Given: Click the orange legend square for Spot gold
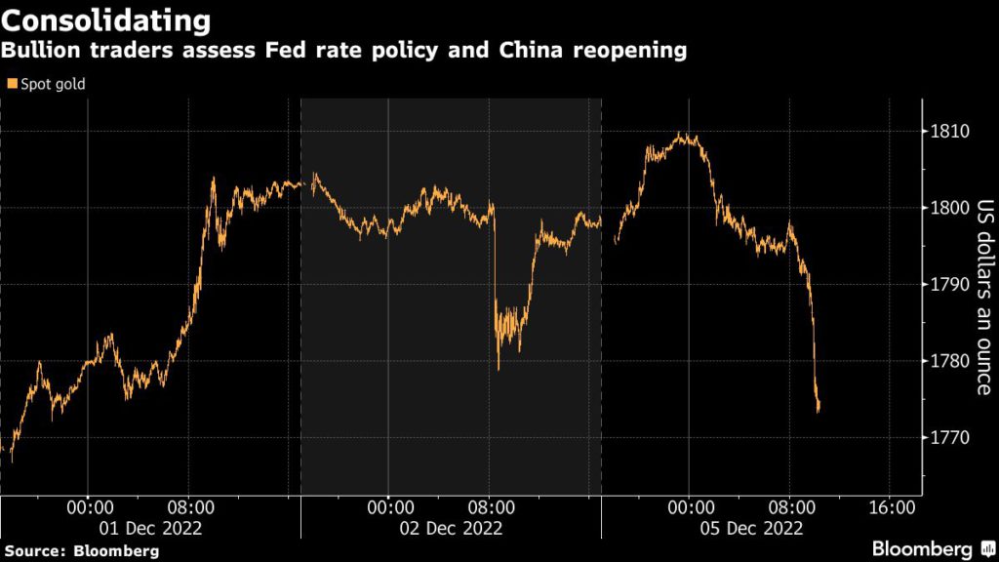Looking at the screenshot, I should [x=12, y=84].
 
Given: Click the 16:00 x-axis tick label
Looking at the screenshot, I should [x=891, y=507].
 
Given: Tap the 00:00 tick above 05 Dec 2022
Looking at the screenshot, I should [x=690, y=507].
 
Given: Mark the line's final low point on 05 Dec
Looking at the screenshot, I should [x=818, y=411].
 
